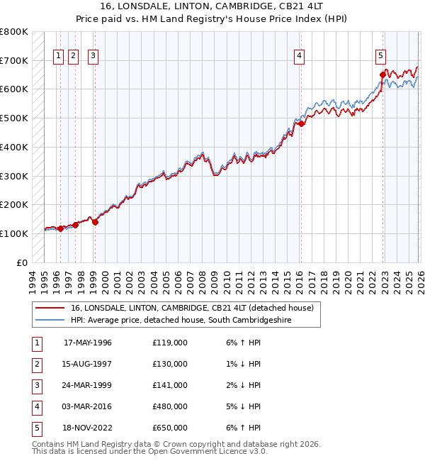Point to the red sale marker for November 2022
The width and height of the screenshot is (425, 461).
click(382, 74)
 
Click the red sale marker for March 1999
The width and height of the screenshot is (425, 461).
click(95, 221)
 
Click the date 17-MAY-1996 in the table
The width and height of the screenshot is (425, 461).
click(88, 343)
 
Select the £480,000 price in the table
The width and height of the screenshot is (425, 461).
click(169, 406)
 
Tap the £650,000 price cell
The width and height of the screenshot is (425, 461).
click(169, 428)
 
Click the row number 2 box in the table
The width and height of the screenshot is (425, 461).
click(35, 364)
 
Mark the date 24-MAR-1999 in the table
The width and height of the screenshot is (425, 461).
click(88, 385)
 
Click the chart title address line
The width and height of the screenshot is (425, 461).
click(212, 6)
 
